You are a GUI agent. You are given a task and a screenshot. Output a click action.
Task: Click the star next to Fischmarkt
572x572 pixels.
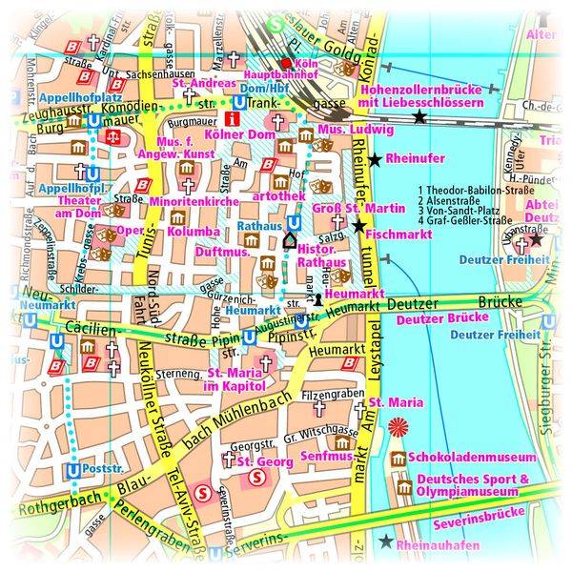[x=358, y=226]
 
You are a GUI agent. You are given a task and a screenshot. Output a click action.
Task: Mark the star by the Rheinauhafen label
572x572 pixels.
[x=384, y=542]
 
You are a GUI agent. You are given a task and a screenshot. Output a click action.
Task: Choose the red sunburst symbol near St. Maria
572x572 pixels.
[x=398, y=426]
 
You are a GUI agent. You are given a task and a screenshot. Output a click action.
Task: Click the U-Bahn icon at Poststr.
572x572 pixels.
[x=73, y=470]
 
